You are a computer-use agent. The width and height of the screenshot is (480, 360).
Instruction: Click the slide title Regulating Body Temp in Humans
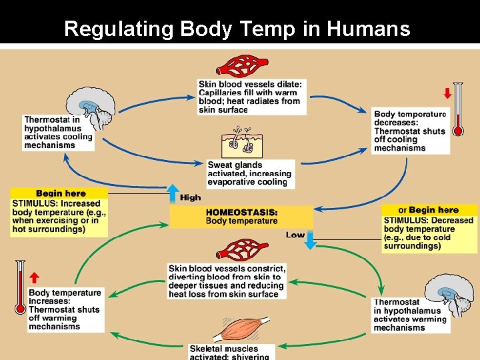tap(237, 29)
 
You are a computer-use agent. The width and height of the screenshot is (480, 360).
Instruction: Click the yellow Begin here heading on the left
tap(61, 193)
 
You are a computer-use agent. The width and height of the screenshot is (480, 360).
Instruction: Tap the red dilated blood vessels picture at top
tap(243, 65)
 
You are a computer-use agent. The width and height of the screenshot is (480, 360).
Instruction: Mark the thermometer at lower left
tap(19, 287)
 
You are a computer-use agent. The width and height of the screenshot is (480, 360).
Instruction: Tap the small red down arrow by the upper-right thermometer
tap(447, 93)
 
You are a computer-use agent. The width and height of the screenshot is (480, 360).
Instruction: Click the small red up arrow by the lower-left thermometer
tap(34, 277)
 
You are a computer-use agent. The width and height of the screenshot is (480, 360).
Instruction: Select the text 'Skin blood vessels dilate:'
tap(250, 84)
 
